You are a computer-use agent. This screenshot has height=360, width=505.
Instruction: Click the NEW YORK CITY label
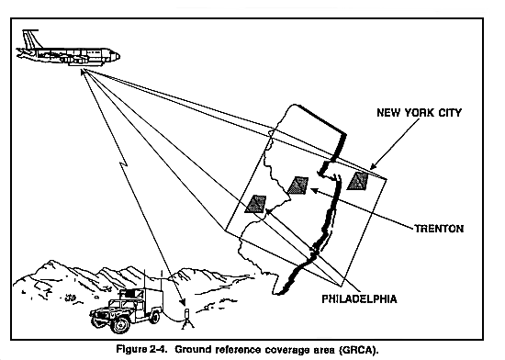(419, 113)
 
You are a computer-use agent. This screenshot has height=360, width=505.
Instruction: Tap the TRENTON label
(439, 229)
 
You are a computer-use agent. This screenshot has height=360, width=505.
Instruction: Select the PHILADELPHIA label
(359, 299)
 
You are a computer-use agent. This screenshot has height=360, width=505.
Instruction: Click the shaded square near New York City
(357, 181)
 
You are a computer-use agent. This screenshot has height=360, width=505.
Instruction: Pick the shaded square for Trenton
(297, 186)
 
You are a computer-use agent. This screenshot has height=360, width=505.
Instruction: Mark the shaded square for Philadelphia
(255, 204)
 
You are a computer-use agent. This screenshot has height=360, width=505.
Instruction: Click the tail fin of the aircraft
(30, 39)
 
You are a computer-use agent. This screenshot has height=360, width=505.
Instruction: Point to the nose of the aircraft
(116, 56)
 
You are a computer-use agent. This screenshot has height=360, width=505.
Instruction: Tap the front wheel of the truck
(119, 324)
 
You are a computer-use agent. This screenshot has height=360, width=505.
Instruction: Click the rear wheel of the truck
(154, 317)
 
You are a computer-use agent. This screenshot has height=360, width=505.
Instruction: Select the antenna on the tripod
(186, 319)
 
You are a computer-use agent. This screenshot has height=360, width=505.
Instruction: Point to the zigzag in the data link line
(123, 165)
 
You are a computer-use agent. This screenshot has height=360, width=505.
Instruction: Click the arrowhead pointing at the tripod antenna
(183, 302)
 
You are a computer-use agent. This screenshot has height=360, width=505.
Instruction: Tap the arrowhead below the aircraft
(83, 72)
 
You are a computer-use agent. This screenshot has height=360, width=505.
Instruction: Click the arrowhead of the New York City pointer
(374, 166)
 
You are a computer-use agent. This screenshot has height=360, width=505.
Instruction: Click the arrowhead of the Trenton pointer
(314, 190)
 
